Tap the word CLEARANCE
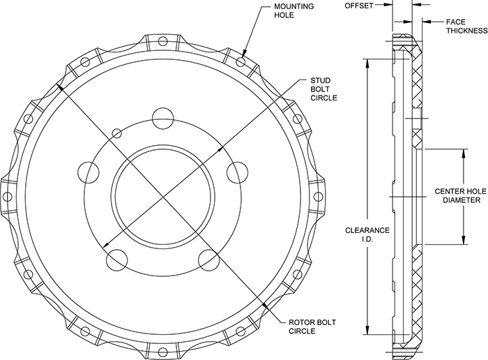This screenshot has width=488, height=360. tap(365, 230)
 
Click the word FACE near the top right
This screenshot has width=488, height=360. tap(456, 22)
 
